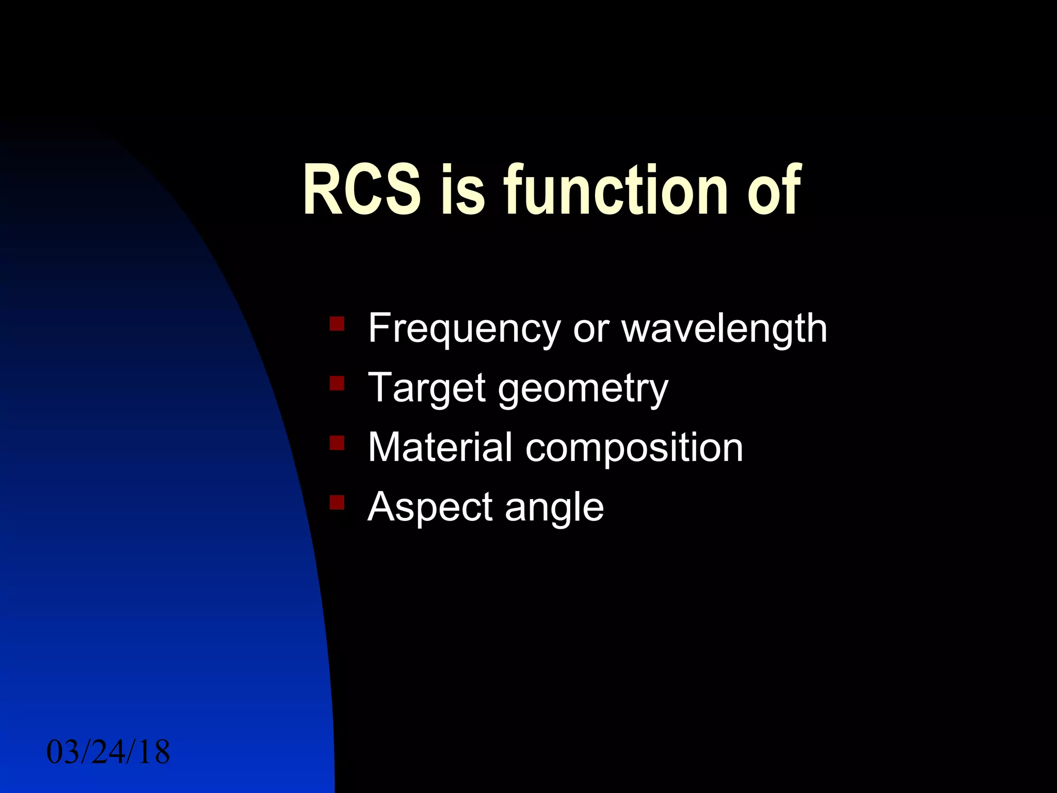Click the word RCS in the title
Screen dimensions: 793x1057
tap(362, 189)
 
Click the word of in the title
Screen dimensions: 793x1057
tap(774, 189)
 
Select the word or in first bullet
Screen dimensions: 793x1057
tap(591, 329)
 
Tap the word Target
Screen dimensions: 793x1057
tap(426, 388)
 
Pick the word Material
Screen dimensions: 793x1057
tap(440, 447)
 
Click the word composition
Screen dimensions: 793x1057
tap(634, 448)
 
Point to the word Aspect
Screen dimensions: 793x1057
tap(430, 507)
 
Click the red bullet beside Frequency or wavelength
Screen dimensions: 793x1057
tap(337, 324)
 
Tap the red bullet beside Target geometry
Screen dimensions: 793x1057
tap(337, 383)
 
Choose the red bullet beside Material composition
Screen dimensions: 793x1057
tap(337, 442)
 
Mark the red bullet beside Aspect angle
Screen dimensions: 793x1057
tap(337, 502)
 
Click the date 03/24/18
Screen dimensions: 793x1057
tap(108, 752)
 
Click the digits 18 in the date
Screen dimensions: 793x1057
tap(154, 752)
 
